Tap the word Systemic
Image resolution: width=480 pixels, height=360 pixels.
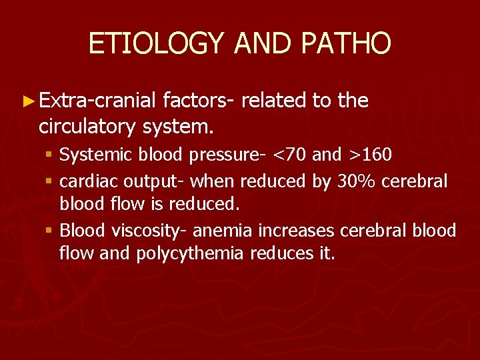(97, 155)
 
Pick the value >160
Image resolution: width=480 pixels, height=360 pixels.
(369, 155)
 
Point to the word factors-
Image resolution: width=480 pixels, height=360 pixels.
(197, 101)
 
